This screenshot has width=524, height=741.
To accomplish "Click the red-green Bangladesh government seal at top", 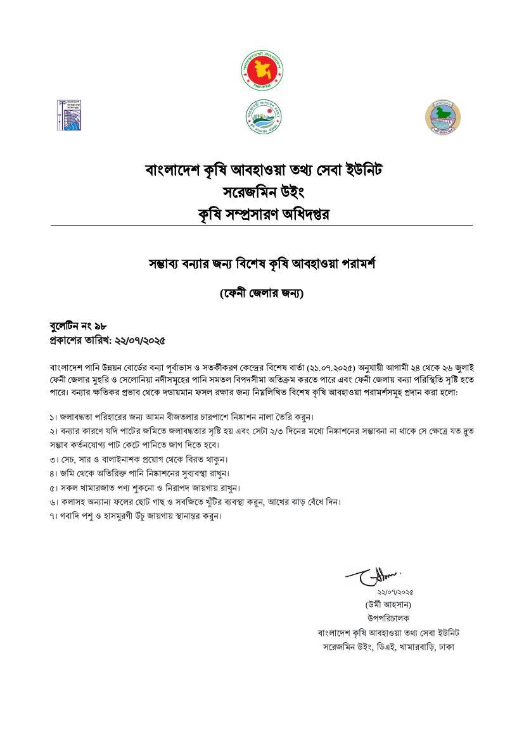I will pyautogui.click(x=261, y=70).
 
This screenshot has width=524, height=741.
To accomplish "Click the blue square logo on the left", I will pyautogui.click(x=70, y=115).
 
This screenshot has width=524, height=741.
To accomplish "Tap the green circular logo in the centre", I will pyautogui.click(x=263, y=116).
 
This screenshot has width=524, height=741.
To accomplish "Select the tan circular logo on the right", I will pyautogui.click(x=442, y=117).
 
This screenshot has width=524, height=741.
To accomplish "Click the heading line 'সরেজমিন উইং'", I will pyautogui.click(x=262, y=192).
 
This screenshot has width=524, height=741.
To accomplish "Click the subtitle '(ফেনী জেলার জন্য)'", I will pyautogui.click(x=262, y=294).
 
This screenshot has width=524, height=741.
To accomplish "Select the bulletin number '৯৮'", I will pyautogui.click(x=100, y=327).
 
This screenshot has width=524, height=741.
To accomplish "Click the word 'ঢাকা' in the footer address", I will pyautogui.click(x=444, y=647).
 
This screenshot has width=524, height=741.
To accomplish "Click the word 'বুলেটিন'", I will pyautogui.click(x=65, y=327).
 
